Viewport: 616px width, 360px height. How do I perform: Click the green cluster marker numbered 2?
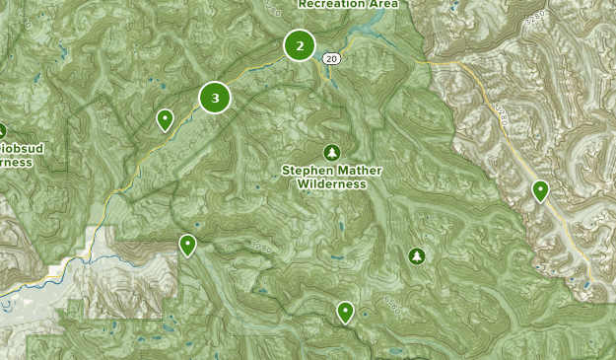300,45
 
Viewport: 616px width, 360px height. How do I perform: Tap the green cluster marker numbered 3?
215,98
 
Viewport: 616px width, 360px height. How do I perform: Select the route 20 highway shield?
332,60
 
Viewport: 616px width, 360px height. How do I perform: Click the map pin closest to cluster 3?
166,119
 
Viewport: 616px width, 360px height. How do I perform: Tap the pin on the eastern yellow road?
540,190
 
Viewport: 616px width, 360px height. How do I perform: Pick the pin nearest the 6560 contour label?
345,312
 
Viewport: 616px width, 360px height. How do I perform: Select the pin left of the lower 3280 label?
187,245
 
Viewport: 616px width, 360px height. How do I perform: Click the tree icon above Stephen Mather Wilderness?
331,151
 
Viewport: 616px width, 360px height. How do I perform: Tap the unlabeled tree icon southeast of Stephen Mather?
417,256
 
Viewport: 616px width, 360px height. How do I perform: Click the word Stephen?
305,171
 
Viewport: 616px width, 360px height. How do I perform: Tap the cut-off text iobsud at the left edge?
18,149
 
